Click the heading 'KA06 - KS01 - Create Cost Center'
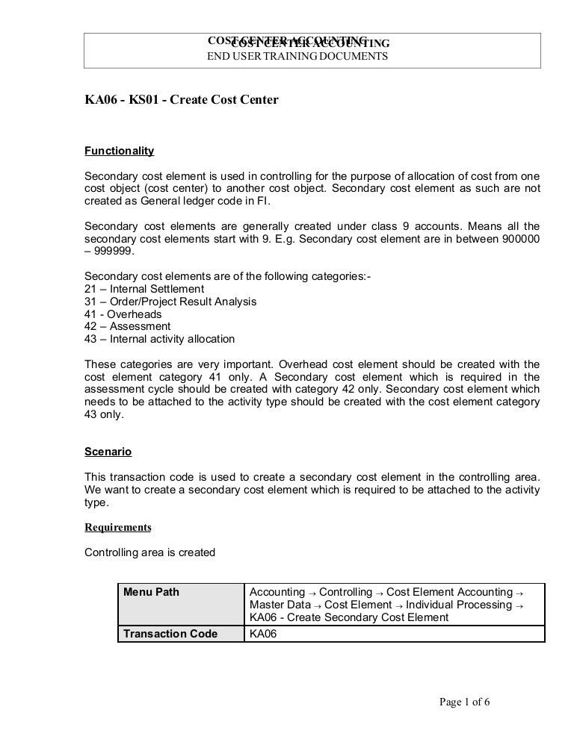pyautogui.click(x=182, y=99)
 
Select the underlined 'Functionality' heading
pyautogui.click(x=120, y=151)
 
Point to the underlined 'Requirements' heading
pyautogui.click(x=118, y=527)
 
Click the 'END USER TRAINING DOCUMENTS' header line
pyautogui.click(x=297, y=56)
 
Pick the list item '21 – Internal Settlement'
pyautogui.click(x=144, y=289)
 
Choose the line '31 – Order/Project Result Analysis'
pyautogui.click(x=170, y=302)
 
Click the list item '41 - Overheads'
pyautogui.click(x=123, y=314)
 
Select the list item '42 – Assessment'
pyautogui.click(x=128, y=326)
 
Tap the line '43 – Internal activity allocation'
pyautogui.click(x=160, y=339)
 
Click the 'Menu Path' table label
pyautogui.click(x=151, y=593)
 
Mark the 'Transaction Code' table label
pyautogui.click(x=170, y=634)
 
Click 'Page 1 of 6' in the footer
pyautogui.click(x=464, y=702)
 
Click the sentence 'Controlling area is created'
pyautogui.click(x=150, y=553)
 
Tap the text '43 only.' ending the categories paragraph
pyautogui.click(x=105, y=415)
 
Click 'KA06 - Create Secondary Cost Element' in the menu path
pyautogui.click(x=348, y=617)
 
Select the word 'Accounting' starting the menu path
pyautogui.click(x=277, y=592)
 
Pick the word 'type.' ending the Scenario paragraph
pyautogui.click(x=97, y=502)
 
